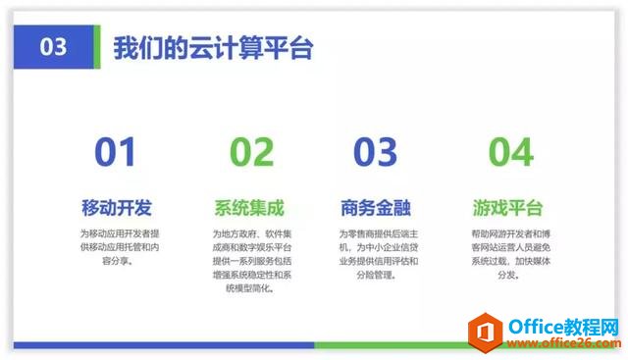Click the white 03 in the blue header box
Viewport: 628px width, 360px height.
tap(54, 47)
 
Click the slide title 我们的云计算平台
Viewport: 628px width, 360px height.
tap(213, 48)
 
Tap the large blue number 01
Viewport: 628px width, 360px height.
tap(116, 152)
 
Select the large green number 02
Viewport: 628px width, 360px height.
tap(251, 152)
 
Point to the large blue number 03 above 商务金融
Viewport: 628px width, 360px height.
tap(375, 152)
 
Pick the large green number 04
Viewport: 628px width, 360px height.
tap(510, 152)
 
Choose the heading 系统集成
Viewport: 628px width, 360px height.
tap(249, 208)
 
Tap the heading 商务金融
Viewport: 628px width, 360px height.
tap(375, 208)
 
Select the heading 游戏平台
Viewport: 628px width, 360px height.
tap(507, 208)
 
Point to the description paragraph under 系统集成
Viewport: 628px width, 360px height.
tap(249, 261)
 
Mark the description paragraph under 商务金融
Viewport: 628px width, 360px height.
tap(379, 254)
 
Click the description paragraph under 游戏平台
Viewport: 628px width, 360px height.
tap(507, 254)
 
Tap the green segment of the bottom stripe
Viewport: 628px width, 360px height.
tap(392, 345)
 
